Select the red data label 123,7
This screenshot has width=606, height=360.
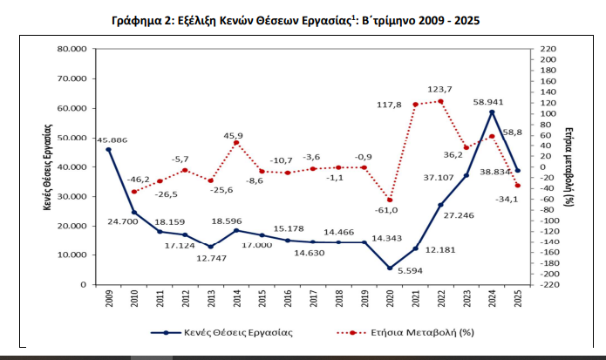(440, 89)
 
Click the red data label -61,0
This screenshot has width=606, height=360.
(386, 209)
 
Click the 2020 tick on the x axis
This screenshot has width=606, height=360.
(390, 300)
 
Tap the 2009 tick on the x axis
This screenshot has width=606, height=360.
(109, 300)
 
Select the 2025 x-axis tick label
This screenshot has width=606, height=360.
(518, 300)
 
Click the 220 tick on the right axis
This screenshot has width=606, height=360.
(548, 49)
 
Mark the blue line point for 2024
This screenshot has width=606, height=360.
(492, 112)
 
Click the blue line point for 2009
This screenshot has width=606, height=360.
(109, 150)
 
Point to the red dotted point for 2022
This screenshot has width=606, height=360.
(440, 101)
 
